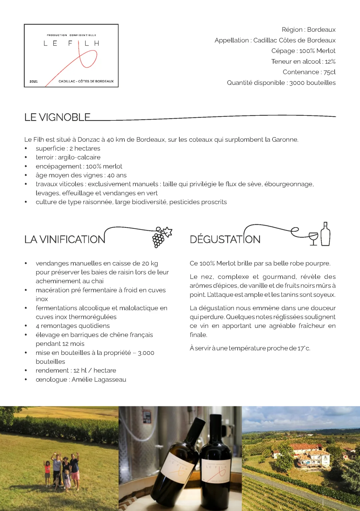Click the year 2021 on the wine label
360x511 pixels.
pos(34,81)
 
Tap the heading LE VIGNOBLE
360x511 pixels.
pos(57,117)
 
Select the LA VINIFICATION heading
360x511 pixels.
pos(65,239)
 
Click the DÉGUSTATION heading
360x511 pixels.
pos(225,239)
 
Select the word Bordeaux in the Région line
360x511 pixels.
pos(321,30)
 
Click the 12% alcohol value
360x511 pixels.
pos(330,62)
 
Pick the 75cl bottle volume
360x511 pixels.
pos(329,72)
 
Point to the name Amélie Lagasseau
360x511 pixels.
pos(99,380)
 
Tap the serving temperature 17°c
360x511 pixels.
pos(304,348)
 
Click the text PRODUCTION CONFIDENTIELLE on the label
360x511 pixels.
pos(71,35)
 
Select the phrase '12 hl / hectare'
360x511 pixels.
pos(95,371)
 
